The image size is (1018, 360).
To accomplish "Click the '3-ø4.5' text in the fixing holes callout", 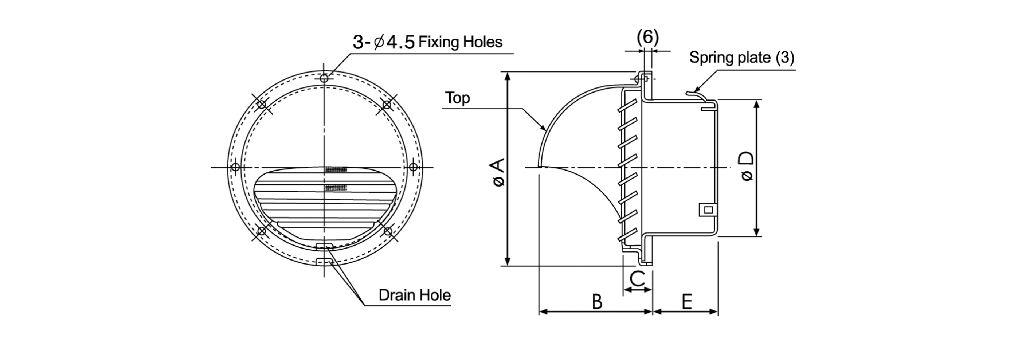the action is (383, 42).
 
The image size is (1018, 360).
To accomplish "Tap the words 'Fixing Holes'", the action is (461, 42).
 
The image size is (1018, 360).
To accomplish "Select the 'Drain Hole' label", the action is (415, 295).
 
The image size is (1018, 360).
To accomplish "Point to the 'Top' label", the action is (457, 98).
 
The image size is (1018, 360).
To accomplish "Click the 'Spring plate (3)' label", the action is (742, 58).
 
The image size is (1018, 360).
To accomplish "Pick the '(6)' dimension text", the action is (648, 37).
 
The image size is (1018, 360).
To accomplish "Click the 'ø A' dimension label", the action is (499, 172).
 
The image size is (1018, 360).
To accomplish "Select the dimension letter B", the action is (597, 301).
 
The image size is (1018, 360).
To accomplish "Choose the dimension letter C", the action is (638, 279).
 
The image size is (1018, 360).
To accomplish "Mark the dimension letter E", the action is (687, 301).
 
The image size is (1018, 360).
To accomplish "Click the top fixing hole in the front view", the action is (324, 78).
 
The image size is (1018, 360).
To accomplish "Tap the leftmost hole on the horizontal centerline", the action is (235, 167).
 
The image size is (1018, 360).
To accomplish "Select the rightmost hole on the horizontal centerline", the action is (413, 167).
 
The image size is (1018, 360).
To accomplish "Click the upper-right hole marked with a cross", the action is (387, 105).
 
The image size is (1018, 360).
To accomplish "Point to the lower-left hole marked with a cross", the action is (261, 230).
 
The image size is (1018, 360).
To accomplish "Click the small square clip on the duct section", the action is (708, 210).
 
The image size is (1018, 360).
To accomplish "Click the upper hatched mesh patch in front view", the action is (336, 169).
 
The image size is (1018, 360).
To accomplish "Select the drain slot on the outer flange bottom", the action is (324, 262).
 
